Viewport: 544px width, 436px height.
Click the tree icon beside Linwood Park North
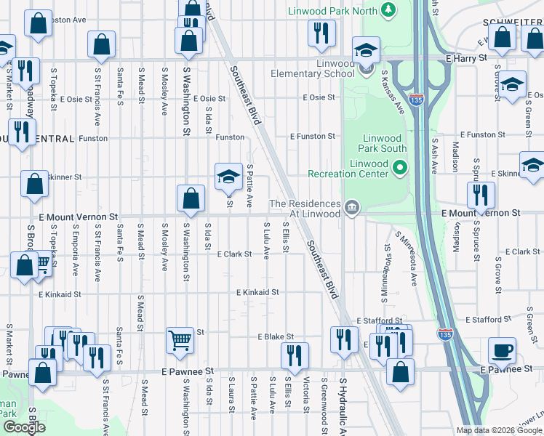point(389,9)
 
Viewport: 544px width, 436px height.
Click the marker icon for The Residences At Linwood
point(351,209)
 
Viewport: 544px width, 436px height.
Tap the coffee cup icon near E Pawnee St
point(502,352)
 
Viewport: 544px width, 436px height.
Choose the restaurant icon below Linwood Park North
point(317,33)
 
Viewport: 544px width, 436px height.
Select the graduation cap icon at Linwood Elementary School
point(364,49)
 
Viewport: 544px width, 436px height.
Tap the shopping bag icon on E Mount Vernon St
point(191,198)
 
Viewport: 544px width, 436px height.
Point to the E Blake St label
point(276,337)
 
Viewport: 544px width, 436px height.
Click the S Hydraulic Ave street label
point(341,406)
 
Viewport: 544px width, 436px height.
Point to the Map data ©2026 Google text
point(498,430)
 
